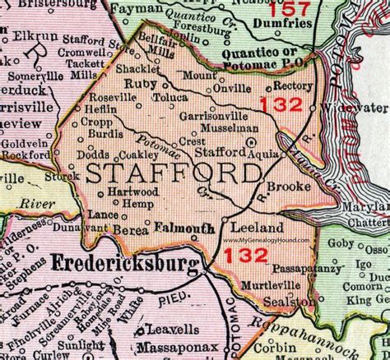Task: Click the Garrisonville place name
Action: coord(210,117)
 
